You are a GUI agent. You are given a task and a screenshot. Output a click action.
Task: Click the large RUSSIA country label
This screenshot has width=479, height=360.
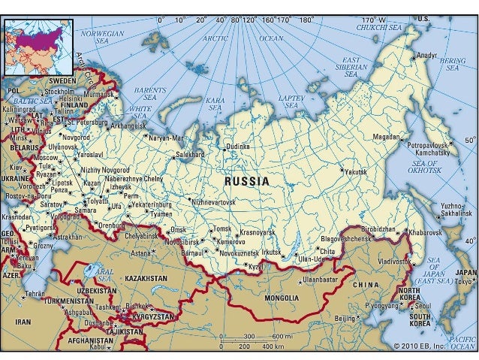(247, 181)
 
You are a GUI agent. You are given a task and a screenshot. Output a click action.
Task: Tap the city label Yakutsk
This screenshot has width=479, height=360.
(357, 172)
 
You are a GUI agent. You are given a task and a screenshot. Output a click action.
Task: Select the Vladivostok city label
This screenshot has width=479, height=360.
(396, 262)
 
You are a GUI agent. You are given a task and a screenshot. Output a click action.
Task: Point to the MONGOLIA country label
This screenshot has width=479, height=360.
(282, 298)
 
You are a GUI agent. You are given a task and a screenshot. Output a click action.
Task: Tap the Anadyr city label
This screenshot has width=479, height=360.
(426, 55)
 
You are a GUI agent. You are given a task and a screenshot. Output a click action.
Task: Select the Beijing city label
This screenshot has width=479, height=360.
(344, 319)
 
